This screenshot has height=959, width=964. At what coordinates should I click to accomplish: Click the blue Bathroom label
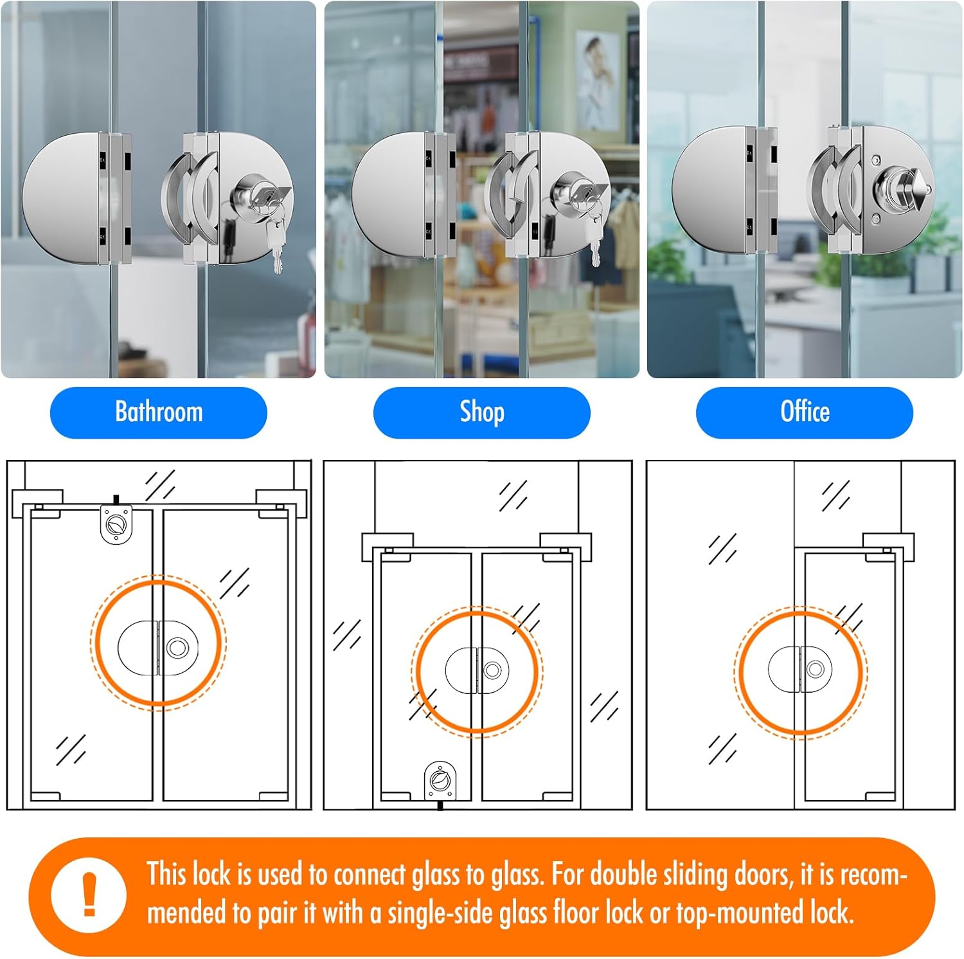158,412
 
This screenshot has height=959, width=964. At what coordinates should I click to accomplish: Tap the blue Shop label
481,412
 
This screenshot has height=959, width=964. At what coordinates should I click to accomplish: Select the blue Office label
804,412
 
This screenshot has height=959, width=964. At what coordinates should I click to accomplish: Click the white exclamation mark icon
89,894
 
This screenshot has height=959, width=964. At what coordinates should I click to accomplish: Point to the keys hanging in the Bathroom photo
276,241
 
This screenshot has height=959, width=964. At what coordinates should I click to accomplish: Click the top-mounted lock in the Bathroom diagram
116,522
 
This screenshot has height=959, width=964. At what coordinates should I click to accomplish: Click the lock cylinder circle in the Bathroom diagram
177,647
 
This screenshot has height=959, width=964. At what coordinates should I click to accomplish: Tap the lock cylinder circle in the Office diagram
816,670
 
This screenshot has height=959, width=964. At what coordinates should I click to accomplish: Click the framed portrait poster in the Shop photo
598,80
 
